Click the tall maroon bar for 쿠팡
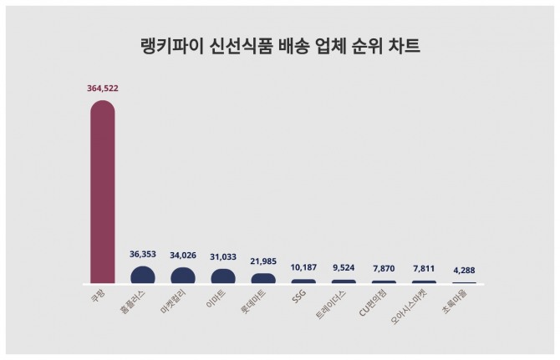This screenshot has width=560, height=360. pos(102,192)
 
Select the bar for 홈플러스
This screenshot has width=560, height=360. pos(143,276)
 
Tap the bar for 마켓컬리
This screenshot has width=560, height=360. pos(183,276)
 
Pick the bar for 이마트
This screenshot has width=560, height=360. pos(223,276)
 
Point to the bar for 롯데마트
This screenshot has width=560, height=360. pos(263,279)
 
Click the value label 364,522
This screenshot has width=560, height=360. pos(103,88)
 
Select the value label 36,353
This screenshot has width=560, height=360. pos(143,255)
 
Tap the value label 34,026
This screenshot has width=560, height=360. pos(183,256)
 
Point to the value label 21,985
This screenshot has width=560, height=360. pos(263,262)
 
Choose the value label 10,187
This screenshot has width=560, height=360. pos(303,268)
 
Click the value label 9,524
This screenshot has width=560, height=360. pos(344,268)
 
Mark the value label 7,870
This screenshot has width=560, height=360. pos(384,269)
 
